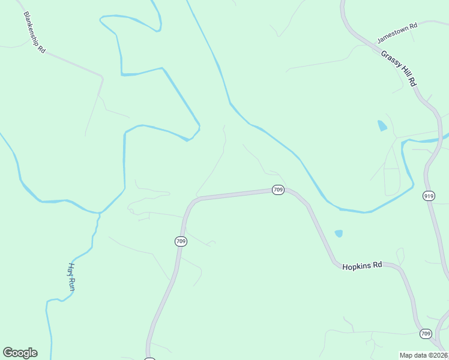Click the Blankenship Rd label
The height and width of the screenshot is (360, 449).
pos(34,31)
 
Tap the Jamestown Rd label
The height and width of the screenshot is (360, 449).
pos(397,34)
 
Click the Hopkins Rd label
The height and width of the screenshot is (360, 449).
pos(362,265)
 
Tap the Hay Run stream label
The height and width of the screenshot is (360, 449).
pos(71,277)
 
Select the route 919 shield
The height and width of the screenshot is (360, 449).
pos(429,196)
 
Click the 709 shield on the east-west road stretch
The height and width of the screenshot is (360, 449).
pos(277,190)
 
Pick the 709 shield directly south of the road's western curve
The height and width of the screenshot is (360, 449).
pos(181,241)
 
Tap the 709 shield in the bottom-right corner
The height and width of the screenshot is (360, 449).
pos(426,334)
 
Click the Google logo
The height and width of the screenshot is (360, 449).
pos(20,353)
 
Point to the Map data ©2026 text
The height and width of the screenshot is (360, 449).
pos(424,355)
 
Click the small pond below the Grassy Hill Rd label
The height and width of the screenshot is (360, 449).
pos(382,125)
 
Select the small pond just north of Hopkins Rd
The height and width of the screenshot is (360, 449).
pos(339,233)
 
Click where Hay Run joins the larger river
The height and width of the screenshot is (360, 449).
pos(98,214)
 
